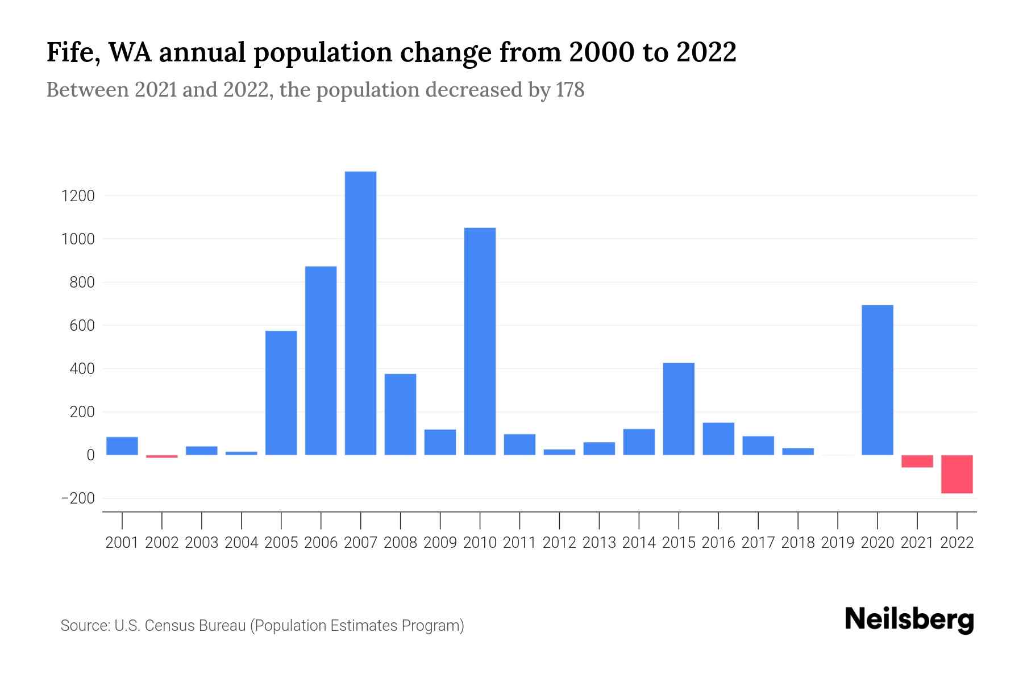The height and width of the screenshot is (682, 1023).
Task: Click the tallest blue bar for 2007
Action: click(360, 313)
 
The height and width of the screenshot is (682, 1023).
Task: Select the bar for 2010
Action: click(480, 341)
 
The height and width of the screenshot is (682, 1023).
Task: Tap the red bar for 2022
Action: click(957, 474)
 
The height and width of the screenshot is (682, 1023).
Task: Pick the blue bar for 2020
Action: click(877, 380)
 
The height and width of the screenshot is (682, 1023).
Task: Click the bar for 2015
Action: click(679, 409)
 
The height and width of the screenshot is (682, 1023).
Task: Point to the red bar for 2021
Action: click(917, 461)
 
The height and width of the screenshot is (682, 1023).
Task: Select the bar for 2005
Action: click(281, 392)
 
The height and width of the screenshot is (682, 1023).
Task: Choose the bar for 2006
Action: click(321, 360)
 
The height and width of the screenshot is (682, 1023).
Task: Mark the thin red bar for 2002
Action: click(161, 456)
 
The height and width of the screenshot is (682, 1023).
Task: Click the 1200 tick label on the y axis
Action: click(78, 196)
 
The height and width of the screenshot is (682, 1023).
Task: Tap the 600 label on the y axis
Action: click(82, 326)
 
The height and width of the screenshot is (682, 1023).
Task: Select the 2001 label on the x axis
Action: click(122, 543)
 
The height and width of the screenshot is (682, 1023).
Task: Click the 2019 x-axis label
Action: click(837, 543)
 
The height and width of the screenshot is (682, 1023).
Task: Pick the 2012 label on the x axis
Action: click(559, 543)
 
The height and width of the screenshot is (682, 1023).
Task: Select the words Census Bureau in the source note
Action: click(196, 626)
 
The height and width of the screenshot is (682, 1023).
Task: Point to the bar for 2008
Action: click(400, 414)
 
